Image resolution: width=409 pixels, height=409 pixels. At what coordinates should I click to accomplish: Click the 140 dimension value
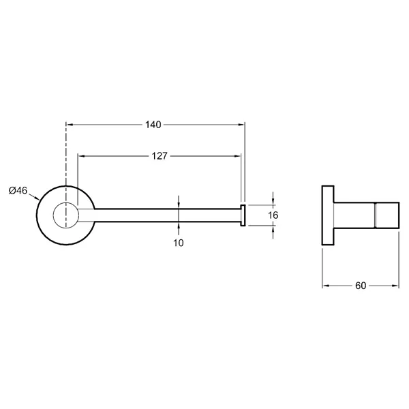153,125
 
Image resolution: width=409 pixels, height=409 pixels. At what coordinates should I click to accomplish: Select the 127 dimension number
160,156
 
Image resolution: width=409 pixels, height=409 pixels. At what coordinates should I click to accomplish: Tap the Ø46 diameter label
18,191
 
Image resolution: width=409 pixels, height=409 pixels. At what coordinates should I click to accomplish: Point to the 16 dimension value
273,215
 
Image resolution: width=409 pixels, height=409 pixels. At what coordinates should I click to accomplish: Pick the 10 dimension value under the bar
179,243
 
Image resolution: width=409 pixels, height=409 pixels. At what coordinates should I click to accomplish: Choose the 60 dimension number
361,286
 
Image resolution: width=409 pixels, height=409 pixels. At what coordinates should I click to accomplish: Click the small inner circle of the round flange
66,215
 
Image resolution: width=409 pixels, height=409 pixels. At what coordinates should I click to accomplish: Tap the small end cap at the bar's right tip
243,215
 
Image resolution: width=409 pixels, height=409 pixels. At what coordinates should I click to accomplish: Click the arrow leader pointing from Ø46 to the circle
33,197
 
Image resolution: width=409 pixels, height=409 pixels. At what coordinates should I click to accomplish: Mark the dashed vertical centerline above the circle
66,154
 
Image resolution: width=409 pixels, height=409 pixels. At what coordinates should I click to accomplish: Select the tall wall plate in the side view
328,215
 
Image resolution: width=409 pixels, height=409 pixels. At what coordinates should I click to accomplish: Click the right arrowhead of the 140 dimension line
241,125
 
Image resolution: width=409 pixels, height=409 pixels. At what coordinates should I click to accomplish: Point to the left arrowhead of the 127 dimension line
82,156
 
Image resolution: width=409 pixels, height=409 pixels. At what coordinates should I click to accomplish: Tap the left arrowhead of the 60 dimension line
326,286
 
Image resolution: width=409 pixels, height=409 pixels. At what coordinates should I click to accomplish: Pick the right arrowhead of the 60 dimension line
395,286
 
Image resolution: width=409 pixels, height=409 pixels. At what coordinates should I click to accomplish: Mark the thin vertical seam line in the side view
375,215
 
